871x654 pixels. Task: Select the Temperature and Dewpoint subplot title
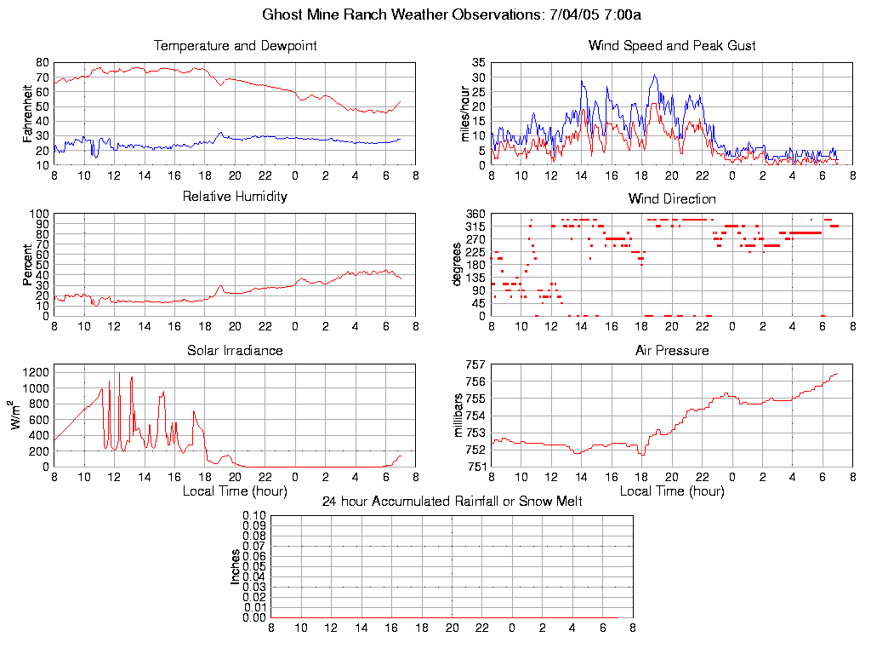[x=235, y=46]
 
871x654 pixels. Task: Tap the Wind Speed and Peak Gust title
[x=672, y=46]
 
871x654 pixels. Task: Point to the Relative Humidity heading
[x=235, y=197]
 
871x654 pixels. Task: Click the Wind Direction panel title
[x=672, y=198]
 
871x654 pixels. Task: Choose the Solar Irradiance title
[x=235, y=350]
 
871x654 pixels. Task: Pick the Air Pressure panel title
[x=672, y=350]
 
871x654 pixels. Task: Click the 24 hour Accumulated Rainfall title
[x=452, y=502]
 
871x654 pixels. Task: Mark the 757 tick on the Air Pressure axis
[x=475, y=364]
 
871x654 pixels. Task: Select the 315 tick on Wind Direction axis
[x=475, y=227]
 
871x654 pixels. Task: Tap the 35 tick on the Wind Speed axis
[x=478, y=63]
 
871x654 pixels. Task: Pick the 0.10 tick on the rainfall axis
[x=254, y=516]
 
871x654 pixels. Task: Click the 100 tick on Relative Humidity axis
[x=38, y=214]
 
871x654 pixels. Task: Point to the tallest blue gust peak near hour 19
[x=654, y=75]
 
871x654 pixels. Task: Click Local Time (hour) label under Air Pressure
[x=672, y=491]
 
